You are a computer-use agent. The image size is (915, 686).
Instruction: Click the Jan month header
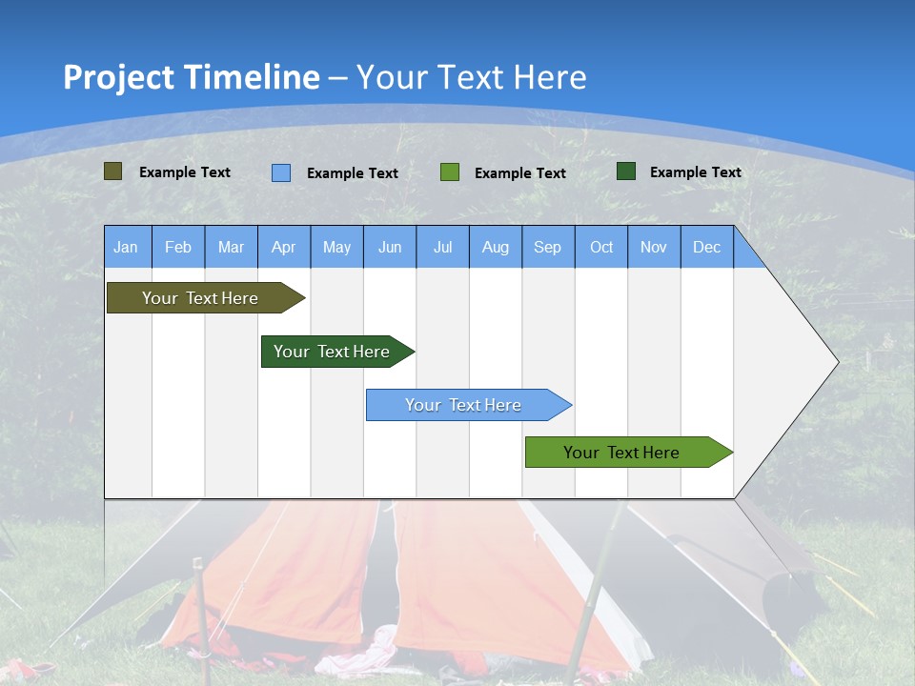126,248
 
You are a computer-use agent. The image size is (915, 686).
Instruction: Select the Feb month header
178,248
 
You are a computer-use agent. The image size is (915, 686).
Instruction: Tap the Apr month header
283,248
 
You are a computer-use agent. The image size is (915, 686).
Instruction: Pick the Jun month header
390,248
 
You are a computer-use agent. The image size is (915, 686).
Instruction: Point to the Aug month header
495,248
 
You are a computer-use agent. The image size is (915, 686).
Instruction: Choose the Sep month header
547,248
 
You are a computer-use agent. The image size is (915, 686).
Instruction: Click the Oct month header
601,248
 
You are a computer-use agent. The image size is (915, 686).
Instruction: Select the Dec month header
706,248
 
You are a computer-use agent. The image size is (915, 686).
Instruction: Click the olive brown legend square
113,171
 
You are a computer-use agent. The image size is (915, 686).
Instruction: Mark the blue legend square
281,172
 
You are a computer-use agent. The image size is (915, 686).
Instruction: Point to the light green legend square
450,172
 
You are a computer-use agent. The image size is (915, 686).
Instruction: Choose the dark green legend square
626,171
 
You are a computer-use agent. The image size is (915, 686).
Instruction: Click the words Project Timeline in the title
191,77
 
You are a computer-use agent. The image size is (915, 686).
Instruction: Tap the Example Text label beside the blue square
353,173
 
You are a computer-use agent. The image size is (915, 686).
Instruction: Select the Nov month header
654,248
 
